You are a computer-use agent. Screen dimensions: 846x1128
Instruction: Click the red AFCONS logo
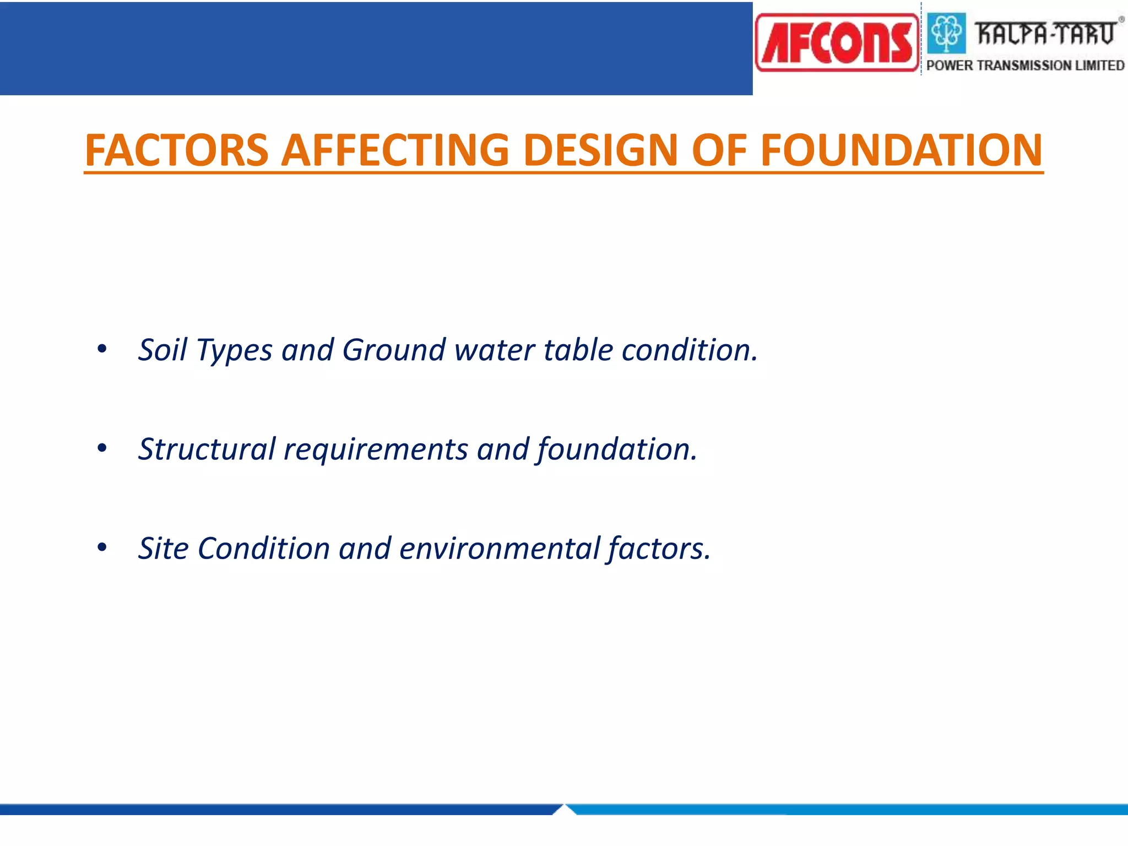[837, 42]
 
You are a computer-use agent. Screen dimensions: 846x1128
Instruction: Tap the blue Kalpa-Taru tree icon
[946, 33]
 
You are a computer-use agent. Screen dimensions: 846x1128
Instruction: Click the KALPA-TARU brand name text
[1045, 33]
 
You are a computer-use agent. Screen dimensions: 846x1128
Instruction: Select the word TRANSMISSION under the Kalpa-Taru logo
[1025, 66]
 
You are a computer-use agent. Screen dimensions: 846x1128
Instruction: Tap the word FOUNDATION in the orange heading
[901, 150]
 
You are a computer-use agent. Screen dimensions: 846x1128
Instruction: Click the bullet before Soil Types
[102, 349]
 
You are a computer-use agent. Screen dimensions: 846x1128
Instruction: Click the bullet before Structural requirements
[102, 448]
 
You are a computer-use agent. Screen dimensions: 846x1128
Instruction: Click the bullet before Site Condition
[102, 547]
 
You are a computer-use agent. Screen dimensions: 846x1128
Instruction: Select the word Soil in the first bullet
[162, 350]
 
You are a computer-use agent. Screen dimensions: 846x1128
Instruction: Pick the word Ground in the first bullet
[393, 350]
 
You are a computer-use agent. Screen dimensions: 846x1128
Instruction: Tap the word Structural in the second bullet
[207, 449]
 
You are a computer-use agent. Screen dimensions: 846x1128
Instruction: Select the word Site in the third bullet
[163, 549]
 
